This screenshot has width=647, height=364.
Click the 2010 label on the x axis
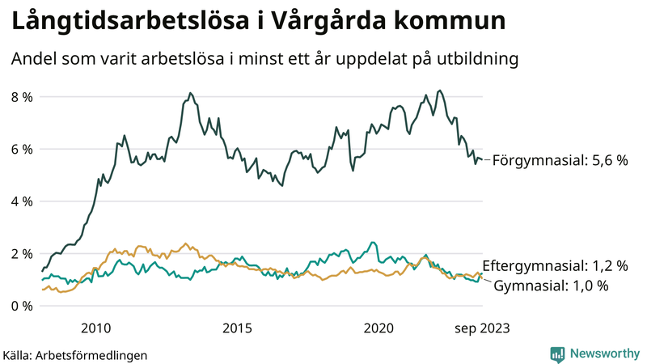click(95, 328)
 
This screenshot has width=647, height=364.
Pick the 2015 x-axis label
click(237, 328)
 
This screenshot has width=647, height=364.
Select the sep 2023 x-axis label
click(481, 328)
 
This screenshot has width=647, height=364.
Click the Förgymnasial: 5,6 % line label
click(560, 160)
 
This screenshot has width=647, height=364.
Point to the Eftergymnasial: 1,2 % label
click(555, 265)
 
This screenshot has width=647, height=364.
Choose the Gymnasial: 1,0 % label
click(551, 286)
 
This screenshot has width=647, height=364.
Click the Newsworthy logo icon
click(557, 353)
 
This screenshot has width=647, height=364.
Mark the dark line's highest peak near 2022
click(439, 91)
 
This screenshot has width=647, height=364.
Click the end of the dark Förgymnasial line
click(482, 159)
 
